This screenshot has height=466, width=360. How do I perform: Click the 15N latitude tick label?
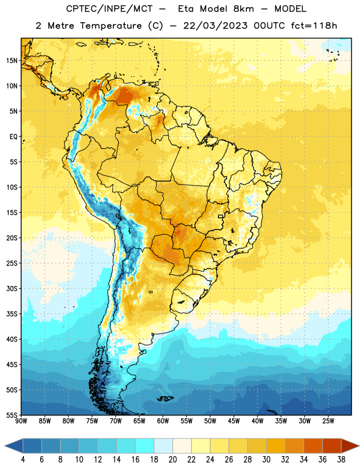(12, 61)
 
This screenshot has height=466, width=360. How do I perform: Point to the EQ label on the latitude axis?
(13, 137)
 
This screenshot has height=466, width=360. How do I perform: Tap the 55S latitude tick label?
(12, 415)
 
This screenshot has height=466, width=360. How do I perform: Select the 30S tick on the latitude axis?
(12, 288)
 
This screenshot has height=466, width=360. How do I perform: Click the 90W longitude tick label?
(21, 421)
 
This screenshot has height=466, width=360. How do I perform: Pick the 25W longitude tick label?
(328, 421)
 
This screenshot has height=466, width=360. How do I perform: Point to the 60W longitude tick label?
(163, 421)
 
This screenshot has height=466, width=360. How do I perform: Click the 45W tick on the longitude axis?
(234, 421)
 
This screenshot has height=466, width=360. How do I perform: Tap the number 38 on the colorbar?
(341, 460)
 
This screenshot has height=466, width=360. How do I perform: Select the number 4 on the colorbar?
(23, 460)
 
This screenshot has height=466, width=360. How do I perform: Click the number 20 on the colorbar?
(172, 460)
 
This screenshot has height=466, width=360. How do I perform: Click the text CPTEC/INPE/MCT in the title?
(109, 9)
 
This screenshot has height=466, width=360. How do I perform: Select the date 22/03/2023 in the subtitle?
(215, 26)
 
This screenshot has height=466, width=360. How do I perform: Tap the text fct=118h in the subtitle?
(314, 26)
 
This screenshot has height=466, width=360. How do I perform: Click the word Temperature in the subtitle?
(111, 26)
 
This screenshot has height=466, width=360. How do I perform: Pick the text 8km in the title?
(243, 9)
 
